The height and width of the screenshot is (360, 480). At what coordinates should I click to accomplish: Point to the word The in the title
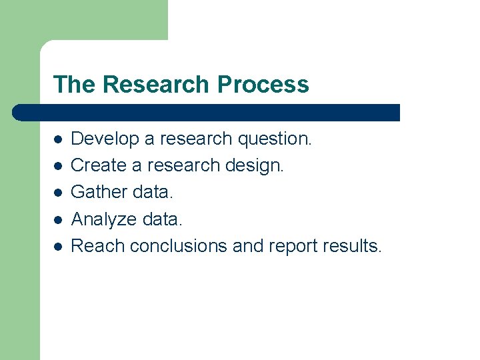pos(75,85)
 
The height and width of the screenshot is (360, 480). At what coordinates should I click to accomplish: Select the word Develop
pos(105,139)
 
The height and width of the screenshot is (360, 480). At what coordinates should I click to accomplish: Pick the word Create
pos(100,165)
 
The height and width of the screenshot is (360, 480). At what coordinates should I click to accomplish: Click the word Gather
pos(99,192)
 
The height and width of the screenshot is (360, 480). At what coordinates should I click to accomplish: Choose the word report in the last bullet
pos(292,246)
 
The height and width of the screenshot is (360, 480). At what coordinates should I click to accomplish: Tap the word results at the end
pos(352,246)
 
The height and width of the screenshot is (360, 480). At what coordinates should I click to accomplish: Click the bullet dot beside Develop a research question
pos(59,140)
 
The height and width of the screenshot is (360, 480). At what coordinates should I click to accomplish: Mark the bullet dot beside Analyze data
pos(59,220)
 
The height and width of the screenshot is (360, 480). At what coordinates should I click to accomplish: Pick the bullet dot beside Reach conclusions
pos(59,247)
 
